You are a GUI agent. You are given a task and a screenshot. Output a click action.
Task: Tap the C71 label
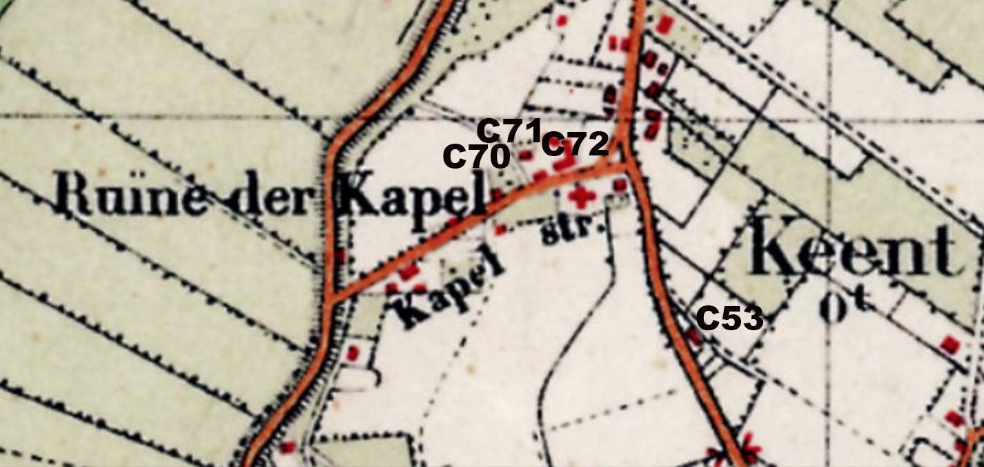tap(509, 130)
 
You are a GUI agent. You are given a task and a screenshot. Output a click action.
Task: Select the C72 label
tap(574, 144)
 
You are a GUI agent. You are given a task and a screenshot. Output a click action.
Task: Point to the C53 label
tap(729, 318)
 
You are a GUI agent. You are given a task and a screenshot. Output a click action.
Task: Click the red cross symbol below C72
tap(582, 198)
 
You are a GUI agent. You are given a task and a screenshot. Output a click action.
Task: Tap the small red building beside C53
tap(693, 336)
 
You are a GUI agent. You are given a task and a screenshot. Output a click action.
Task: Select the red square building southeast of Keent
tap(951, 343)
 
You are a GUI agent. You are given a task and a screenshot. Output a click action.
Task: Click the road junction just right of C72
tap(627, 164)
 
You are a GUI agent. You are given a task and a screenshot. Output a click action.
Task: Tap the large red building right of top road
tap(665, 25)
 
